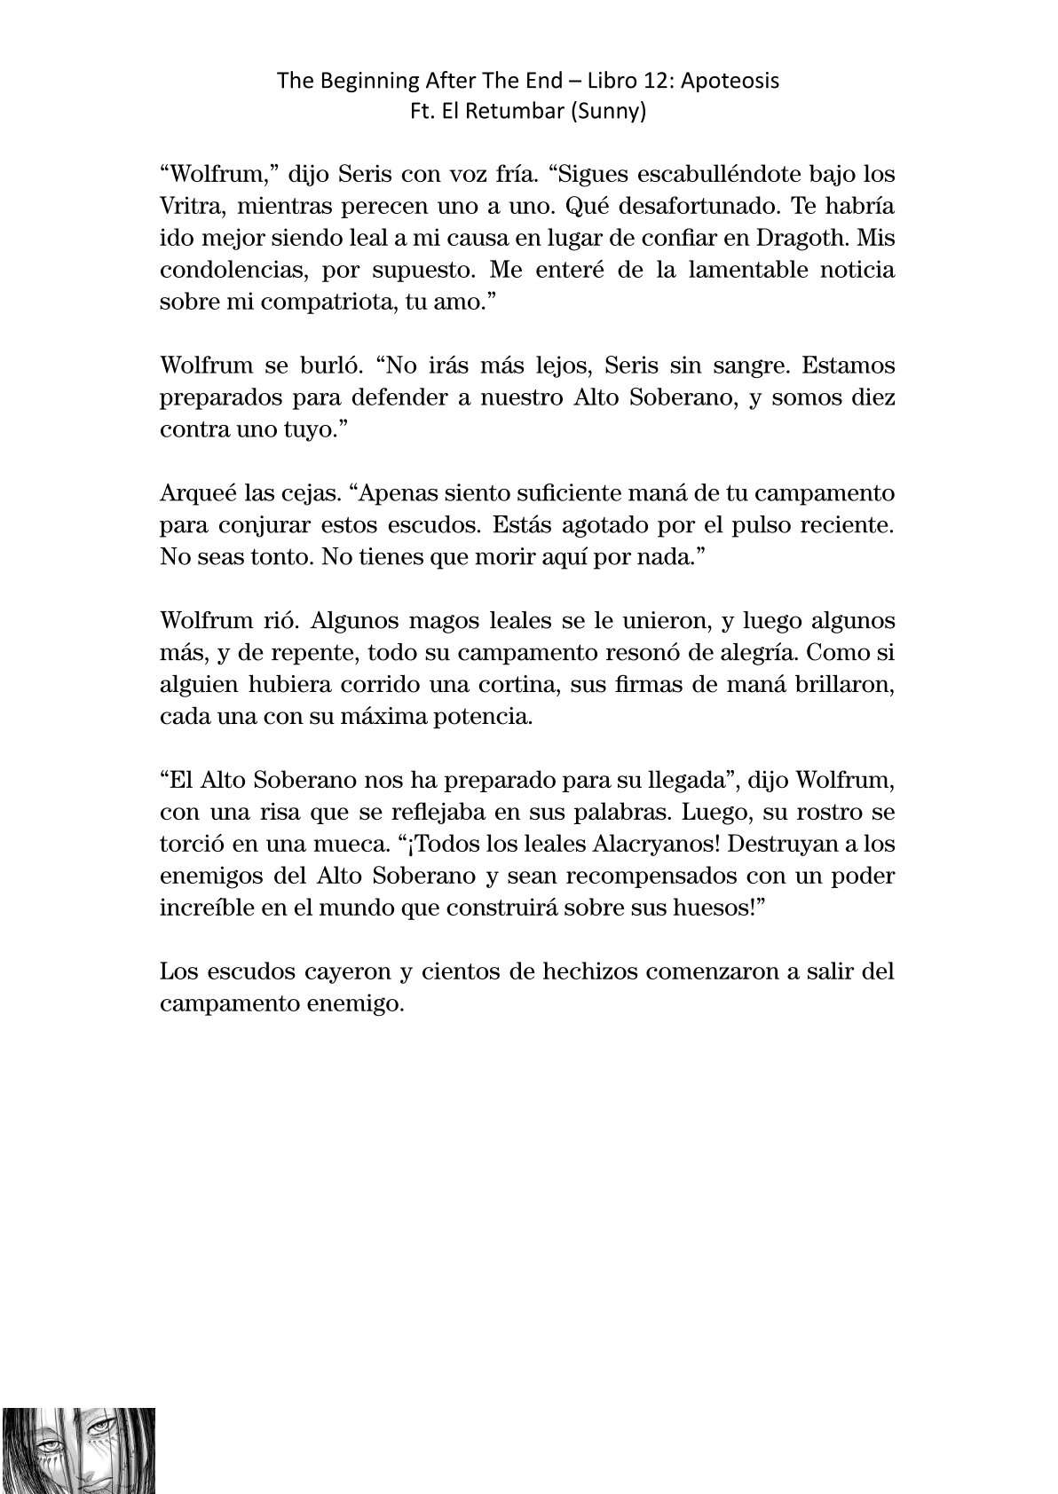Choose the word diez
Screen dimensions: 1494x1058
(870, 397)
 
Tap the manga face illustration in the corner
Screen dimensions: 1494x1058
(78, 1450)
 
